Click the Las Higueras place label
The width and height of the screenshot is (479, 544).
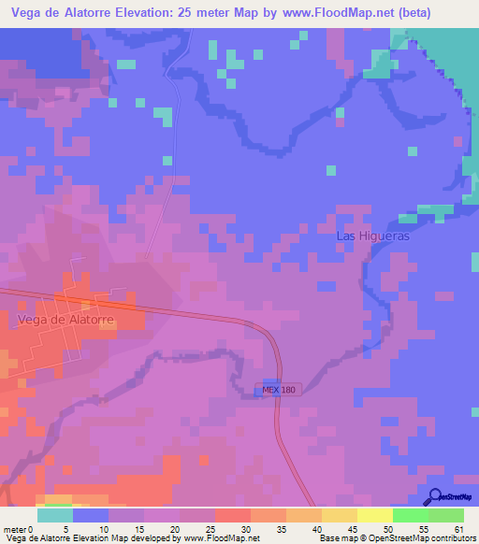coord(372,236)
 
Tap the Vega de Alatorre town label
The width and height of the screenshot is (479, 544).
coord(65,320)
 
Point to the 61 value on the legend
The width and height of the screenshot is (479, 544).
coord(458,528)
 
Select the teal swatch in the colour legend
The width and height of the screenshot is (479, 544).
coord(54,515)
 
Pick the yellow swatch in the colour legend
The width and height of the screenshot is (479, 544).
coord(374,515)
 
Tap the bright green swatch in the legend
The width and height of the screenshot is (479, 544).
coord(410,515)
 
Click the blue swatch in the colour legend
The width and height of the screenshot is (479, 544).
coord(90,515)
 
